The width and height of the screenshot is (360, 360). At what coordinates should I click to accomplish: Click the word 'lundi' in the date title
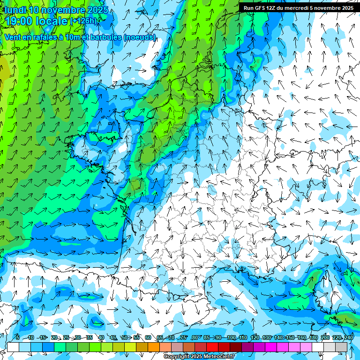[x=15, y=10]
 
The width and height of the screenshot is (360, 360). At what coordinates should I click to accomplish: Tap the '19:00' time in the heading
[x=20, y=21]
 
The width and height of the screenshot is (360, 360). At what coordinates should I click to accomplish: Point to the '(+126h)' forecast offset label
[x=83, y=21]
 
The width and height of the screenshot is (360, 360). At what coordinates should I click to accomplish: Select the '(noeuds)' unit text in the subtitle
[x=139, y=37]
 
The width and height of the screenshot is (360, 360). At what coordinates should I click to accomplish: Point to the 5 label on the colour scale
[x=18, y=337]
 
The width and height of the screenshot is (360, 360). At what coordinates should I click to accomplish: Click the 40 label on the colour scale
[x=101, y=337]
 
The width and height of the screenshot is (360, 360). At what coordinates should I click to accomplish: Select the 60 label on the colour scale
[x=148, y=337]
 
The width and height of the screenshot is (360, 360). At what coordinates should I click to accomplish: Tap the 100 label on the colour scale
[x=231, y=337]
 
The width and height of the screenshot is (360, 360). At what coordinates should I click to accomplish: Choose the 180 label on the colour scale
[x=313, y=337]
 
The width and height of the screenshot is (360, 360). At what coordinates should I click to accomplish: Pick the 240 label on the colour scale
[x=348, y=337]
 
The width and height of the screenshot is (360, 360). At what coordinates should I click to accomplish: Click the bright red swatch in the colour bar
[x=212, y=347]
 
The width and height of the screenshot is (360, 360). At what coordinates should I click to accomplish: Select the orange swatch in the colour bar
[x=154, y=347]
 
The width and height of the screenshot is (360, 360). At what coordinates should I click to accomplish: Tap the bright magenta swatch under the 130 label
[x=271, y=347]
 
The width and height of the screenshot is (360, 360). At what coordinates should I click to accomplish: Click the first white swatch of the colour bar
[x=13, y=347]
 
